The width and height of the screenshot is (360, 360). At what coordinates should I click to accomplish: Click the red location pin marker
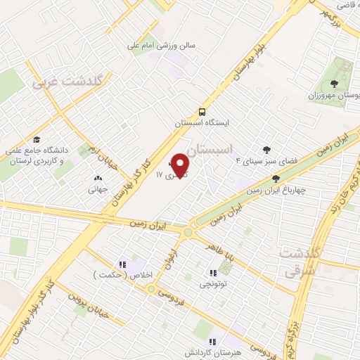(181, 165)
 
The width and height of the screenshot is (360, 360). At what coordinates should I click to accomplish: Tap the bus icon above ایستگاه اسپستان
(202, 111)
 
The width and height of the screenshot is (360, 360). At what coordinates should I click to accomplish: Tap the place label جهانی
(97, 188)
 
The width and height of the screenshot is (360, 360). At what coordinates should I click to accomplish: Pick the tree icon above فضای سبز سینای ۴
(266, 149)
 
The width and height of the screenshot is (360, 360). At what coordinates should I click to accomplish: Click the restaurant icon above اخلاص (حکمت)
(122, 264)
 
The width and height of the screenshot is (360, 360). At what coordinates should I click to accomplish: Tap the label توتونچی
(212, 284)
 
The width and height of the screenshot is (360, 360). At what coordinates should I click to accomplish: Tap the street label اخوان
(169, 259)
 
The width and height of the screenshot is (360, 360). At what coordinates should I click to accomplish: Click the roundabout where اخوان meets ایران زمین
(188, 231)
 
